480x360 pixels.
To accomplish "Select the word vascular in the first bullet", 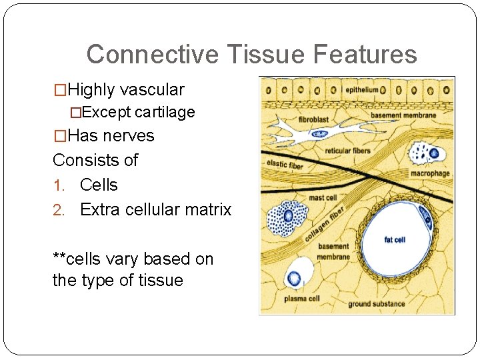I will [153, 89].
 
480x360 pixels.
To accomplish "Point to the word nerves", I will [129, 135].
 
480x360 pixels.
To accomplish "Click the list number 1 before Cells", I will [57, 185].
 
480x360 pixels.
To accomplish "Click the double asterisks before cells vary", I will [59, 259].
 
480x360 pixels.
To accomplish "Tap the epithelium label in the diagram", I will [361, 89].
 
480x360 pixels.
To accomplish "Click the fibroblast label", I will [313, 119].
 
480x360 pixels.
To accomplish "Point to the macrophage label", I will [430, 173].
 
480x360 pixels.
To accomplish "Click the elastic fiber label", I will [285, 163].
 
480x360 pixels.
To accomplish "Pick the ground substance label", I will [377, 304].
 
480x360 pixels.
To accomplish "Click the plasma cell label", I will [302, 299].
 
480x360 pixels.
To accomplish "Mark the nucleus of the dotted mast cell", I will [289, 216].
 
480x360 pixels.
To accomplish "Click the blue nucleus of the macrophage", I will [434, 154].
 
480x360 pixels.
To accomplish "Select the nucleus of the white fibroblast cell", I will [321, 134].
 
